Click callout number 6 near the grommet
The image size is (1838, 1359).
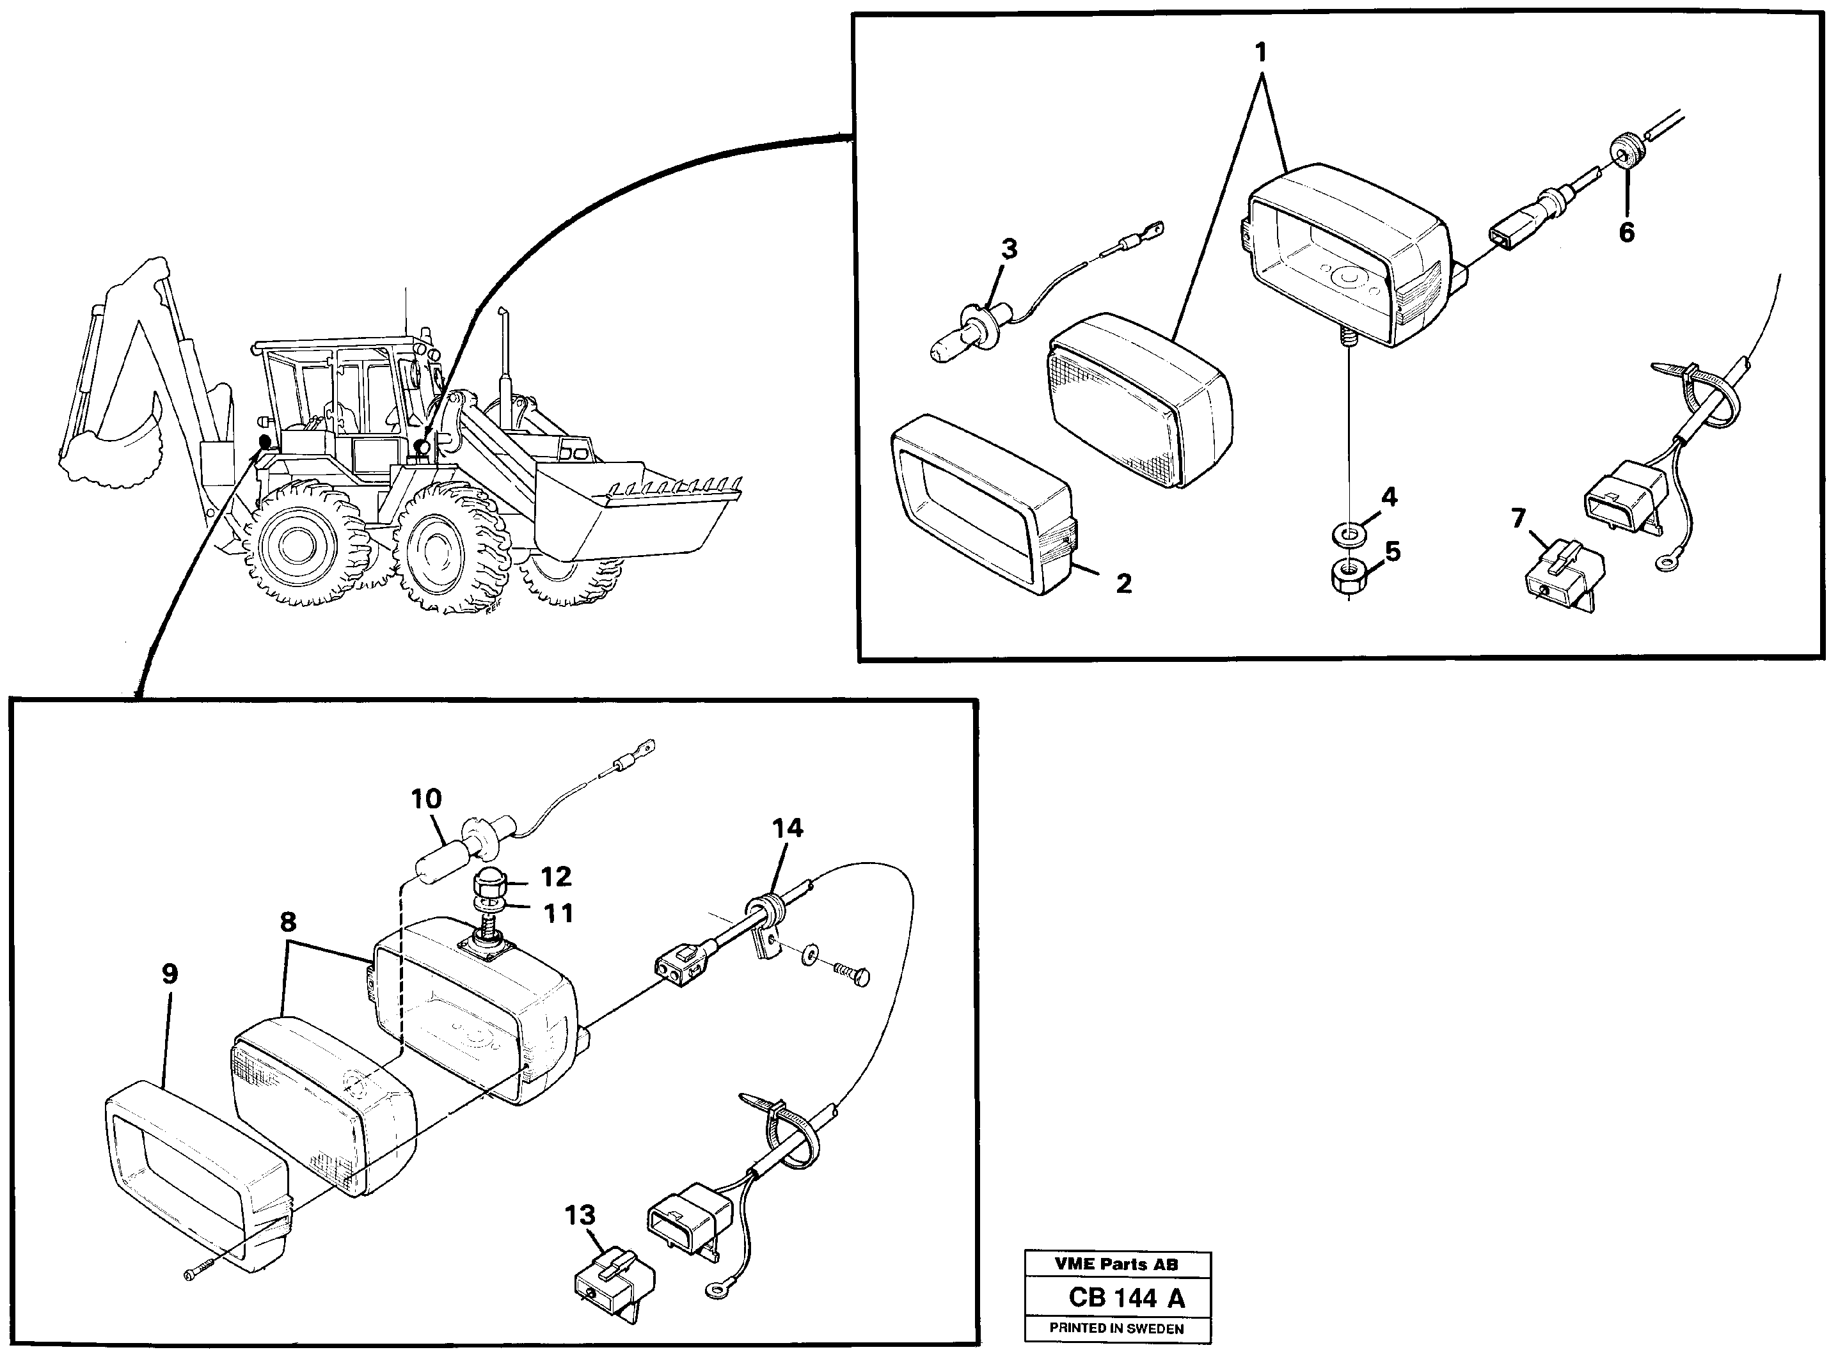[1626, 233]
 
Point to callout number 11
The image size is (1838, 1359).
[559, 913]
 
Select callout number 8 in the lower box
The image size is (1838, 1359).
[288, 922]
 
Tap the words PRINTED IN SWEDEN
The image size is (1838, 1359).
[1116, 1328]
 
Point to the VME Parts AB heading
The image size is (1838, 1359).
[1116, 1264]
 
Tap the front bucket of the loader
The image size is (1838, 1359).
[633, 518]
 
